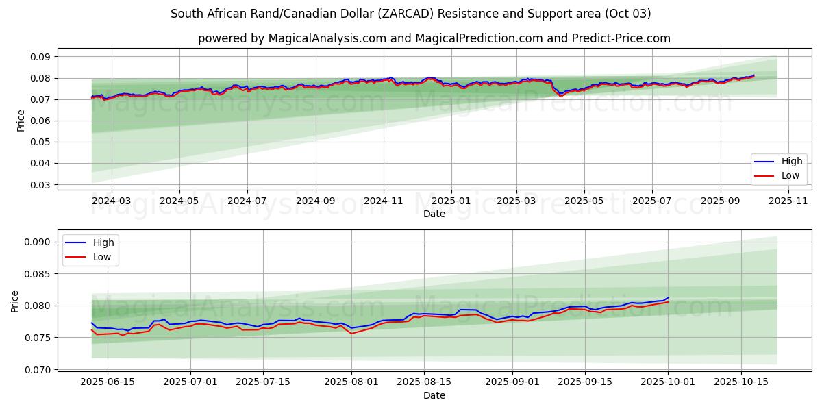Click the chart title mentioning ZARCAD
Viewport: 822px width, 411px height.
click(411, 14)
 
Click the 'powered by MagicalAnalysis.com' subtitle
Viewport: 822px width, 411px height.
click(434, 38)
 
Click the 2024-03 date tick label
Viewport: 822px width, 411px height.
click(111, 201)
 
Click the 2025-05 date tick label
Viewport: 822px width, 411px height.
click(584, 201)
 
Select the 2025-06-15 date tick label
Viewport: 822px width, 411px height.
click(108, 382)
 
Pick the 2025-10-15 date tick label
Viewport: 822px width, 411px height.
click(741, 382)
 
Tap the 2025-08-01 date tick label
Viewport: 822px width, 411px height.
click(351, 382)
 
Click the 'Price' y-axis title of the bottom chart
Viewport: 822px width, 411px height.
click(15, 301)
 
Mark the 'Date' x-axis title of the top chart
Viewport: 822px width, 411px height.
click(434, 214)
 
